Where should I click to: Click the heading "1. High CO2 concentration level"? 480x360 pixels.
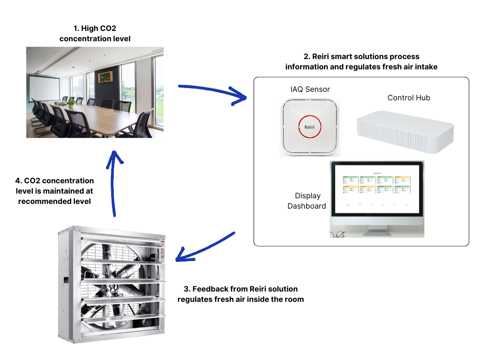(95, 34)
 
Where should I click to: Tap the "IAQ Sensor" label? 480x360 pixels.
(310, 89)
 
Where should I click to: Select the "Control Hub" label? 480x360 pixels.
(408, 97)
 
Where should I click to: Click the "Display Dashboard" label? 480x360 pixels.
(307, 201)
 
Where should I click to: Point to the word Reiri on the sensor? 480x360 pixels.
(309, 127)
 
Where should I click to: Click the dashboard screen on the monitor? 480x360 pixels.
(377, 187)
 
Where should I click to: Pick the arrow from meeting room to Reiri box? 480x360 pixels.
(213, 91)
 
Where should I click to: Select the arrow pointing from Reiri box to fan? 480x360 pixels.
(206, 246)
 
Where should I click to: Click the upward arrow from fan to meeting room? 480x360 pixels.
(112, 183)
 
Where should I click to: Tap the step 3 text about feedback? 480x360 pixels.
(240, 294)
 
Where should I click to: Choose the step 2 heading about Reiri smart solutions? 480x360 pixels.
(361, 61)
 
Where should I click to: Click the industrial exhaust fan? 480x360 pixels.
(112, 284)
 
